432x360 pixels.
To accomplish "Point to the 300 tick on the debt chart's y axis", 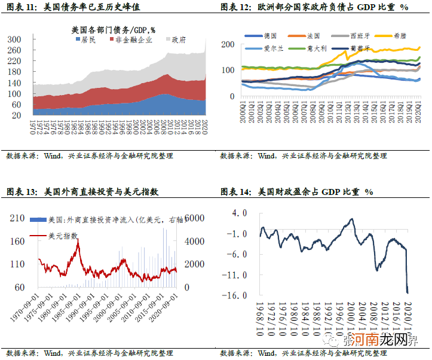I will tap(15, 39).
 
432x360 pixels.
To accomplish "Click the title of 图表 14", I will tap(296, 192).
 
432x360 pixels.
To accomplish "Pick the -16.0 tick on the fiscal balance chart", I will tap(239, 295).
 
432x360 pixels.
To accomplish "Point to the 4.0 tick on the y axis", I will tap(241, 212).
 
